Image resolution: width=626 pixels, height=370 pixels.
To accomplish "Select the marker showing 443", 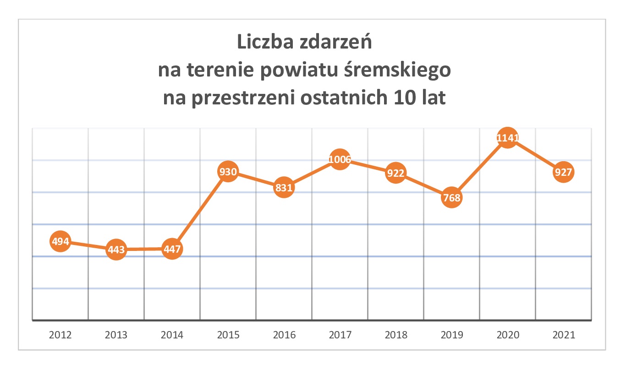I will pos(116,250).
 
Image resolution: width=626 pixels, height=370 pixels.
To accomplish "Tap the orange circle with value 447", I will pos(172,249).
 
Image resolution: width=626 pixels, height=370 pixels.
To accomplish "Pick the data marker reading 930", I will pos(228,172).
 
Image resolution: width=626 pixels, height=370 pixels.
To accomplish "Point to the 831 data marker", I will pos(284,188).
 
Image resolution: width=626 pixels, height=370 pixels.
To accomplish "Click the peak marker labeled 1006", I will pos(340,159).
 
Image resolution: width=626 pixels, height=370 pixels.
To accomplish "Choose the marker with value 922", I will pos(396,173).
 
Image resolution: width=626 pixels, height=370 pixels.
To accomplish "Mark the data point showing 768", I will pos(452,198).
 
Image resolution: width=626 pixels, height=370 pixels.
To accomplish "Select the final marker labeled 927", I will pos(564,173).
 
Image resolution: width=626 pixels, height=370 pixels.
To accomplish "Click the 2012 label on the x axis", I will pos(60,335).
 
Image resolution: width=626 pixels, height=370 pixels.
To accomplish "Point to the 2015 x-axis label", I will pos(228,335).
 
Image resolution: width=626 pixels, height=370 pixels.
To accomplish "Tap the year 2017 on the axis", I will pos(340,335).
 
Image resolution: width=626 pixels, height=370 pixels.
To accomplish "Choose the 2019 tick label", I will pos(452,335).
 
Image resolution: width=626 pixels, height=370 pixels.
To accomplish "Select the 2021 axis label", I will pos(564,335).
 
